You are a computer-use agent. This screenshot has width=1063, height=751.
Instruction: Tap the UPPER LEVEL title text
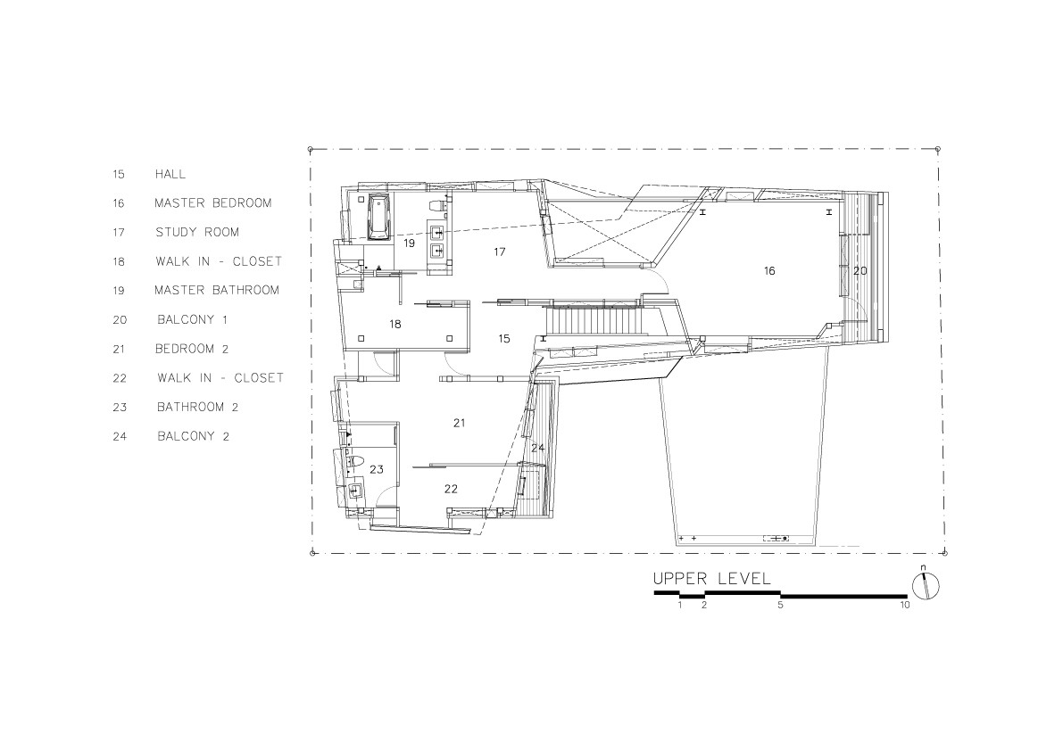click(711, 579)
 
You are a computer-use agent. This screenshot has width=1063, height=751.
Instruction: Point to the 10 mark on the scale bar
click(904, 606)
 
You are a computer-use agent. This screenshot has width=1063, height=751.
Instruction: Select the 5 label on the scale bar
click(780, 606)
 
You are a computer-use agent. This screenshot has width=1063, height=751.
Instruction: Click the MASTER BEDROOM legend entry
click(212, 203)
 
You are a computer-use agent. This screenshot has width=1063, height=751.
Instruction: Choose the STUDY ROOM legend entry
click(196, 233)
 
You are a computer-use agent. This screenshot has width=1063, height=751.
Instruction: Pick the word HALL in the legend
click(170, 175)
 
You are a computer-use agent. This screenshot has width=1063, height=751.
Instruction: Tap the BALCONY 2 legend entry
click(200, 437)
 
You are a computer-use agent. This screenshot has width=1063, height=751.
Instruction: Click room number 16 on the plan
click(768, 270)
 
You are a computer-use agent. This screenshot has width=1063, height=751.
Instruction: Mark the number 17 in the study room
click(499, 252)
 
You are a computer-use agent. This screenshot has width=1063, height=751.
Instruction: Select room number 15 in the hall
click(503, 339)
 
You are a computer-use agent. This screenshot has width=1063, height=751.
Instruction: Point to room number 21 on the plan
click(459, 423)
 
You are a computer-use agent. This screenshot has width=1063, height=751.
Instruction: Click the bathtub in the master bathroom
click(378, 217)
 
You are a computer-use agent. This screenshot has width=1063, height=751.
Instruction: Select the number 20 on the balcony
click(860, 270)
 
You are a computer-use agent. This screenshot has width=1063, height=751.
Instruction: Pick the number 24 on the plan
click(537, 447)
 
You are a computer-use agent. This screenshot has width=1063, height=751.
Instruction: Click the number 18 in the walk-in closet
click(394, 325)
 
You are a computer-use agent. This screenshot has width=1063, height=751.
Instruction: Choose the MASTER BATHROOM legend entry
click(216, 291)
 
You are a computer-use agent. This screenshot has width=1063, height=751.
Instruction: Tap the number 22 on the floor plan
click(451, 489)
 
